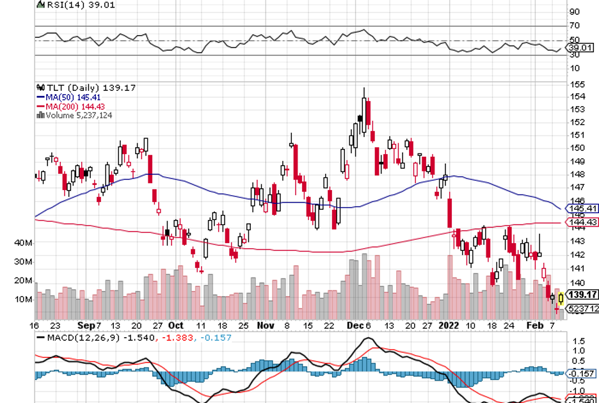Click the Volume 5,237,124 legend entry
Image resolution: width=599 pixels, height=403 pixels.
[75, 115]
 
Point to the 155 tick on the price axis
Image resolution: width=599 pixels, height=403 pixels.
[578, 84]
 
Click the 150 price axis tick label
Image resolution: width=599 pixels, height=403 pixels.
[578, 147]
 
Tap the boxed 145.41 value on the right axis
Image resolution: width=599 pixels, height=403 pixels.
[581, 209]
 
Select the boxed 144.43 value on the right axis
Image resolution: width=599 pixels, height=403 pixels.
[581, 223]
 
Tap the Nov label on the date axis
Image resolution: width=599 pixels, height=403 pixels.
[266, 325]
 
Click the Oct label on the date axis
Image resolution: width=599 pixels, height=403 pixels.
[176, 325]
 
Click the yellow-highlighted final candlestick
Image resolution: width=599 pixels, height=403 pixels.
[561, 298]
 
